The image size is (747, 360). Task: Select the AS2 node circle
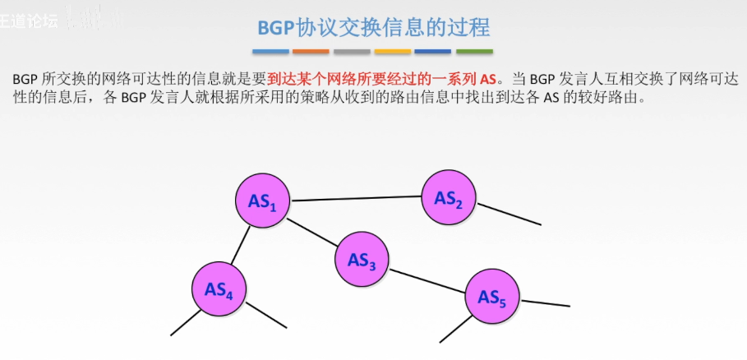pyautogui.click(x=449, y=197)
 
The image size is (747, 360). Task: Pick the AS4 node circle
pyautogui.click(x=219, y=288)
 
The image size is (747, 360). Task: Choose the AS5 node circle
pyautogui.click(x=492, y=296)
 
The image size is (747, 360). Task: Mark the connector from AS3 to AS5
pyautogui.click(x=427, y=278)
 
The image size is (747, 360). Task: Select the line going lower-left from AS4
pyautogui.click(x=186, y=322)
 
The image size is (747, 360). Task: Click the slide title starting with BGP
pyautogui.click(x=373, y=27)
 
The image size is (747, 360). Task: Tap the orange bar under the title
pyautogui.click(x=311, y=51)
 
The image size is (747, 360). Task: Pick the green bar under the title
pyautogui.click(x=474, y=51)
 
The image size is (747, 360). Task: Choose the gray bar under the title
pyautogui.click(x=352, y=51)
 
